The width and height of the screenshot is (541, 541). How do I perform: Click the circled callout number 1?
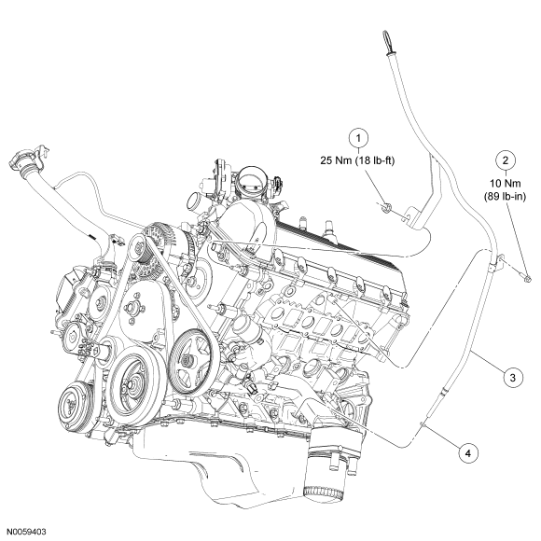pyautogui.click(x=358, y=138)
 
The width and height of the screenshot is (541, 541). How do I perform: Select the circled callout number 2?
pyautogui.click(x=506, y=160)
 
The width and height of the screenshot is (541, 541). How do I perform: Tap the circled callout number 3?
pyautogui.click(x=513, y=378)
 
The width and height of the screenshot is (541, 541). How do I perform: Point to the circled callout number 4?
pyautogui.click(x=468, y=453)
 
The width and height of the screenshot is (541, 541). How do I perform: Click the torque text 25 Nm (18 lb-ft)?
pyautogui.click(x=357, y=160)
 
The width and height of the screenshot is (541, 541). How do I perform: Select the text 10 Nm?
pyautogui.click(x=506, y=183)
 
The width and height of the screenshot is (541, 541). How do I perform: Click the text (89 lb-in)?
pyautogui.click(x=505, y=197)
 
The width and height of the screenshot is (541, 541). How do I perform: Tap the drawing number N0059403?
pyautogui.click(x=26, y=532)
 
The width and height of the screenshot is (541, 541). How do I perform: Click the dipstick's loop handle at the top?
pyautogui.click(x=388, y=42)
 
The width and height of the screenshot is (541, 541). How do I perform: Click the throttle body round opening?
pyautogui.click(x=251, y=180)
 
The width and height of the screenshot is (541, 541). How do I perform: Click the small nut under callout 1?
pyautogui.click(x=387, y=207)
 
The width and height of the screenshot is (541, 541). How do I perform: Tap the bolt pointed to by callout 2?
pyautogui.click(x=526, y=278)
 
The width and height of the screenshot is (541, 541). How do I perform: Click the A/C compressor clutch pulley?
pyautogui.click(x=75, y=406)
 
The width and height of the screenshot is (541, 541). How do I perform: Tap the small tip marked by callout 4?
pyautogui.click(x=422, y=423)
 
